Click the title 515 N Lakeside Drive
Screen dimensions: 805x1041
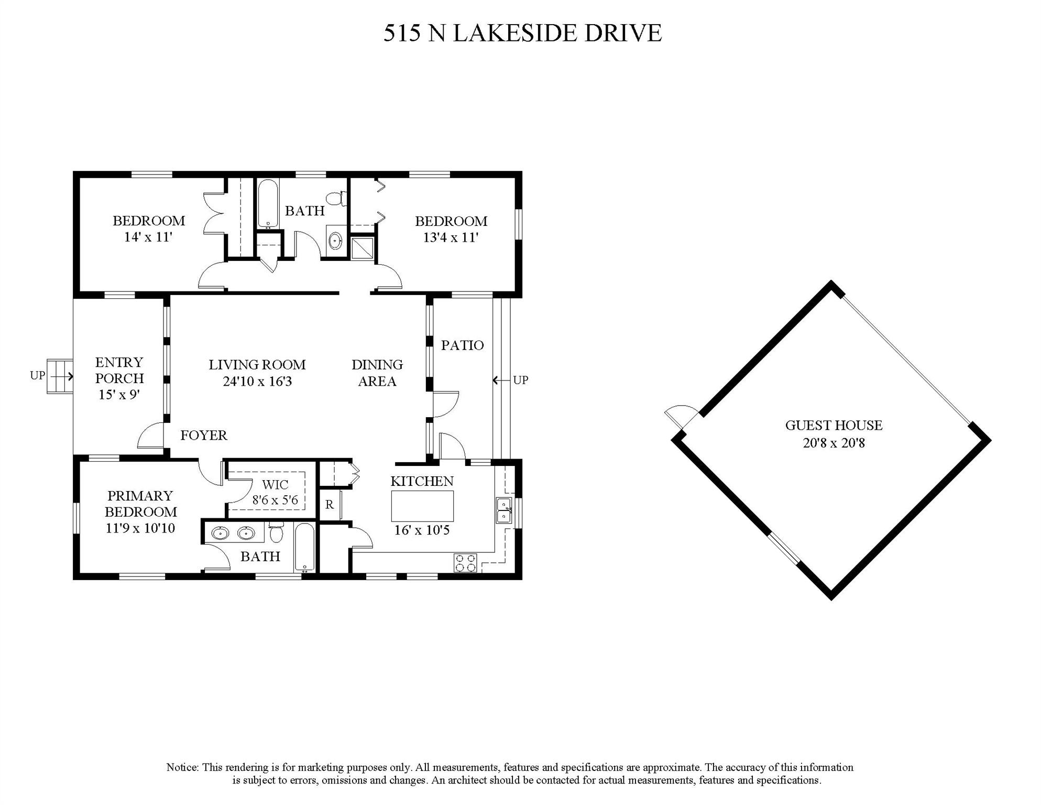click(522, 33)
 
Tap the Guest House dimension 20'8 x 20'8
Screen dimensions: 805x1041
click(833, 443)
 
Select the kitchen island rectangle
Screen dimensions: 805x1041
click(422, 506)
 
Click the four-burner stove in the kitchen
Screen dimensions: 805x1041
click(465, 563)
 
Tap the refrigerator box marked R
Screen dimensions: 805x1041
click(330, 505)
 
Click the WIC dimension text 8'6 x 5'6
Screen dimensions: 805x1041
click(275, 501)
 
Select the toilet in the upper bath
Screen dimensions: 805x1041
click(336, 199)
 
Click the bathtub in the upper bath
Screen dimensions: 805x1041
click(268, 204)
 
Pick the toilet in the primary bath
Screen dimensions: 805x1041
click(276, 532)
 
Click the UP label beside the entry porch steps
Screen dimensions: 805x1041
click(38, 376)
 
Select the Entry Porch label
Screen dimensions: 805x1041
click(119, 370)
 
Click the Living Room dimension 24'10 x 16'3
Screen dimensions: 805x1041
click(257, 382)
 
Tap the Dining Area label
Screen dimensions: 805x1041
click(377, 373)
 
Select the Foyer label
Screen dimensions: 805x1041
click(204, 436)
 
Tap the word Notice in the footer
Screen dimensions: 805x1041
click(182, 768)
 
